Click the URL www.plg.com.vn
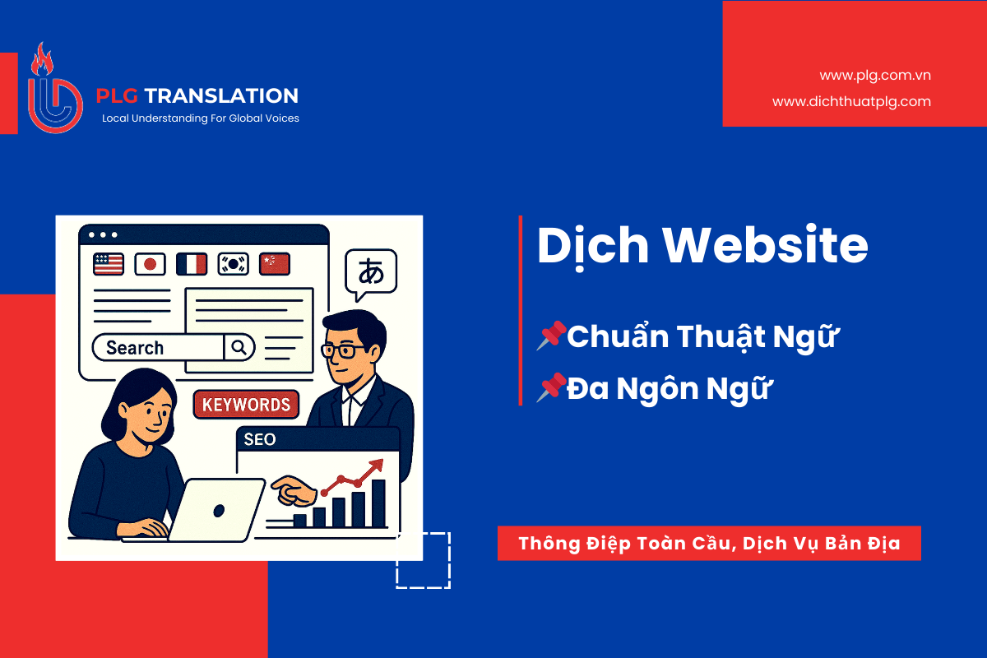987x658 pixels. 874,76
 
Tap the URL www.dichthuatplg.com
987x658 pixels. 851,102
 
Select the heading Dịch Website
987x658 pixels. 702,245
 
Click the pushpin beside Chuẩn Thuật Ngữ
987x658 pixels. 551,336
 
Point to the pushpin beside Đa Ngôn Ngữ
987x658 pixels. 551,387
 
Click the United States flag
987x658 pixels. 109,263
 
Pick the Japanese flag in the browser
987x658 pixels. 150,263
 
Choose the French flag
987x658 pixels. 192,263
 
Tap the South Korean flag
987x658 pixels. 233,263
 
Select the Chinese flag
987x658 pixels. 273,263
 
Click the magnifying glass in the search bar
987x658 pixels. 239,348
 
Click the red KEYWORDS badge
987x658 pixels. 246,404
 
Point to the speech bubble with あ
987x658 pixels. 371,272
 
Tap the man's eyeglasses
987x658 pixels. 339,350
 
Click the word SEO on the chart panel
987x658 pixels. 259,439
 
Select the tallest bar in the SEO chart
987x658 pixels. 378,503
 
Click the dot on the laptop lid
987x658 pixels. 218,510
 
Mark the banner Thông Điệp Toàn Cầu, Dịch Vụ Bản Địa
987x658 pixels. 709,544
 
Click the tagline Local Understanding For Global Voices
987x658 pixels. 200,118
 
